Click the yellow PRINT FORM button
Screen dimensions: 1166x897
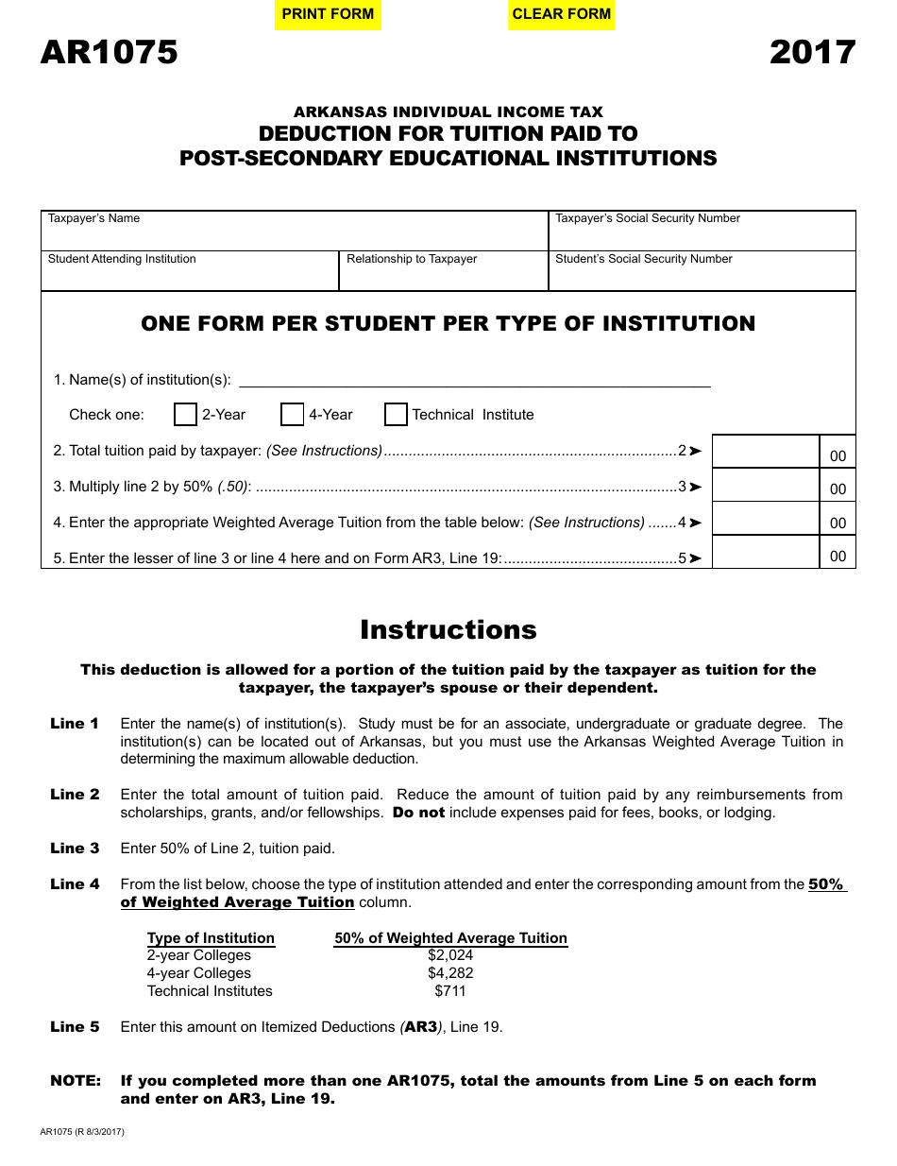(x=328, y=14)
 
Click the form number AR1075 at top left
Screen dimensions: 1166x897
(x=109, y=52)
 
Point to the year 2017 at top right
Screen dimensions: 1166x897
(x=812, y=52)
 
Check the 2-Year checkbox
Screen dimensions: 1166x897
(x=186, y=415)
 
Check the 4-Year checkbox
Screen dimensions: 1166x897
(x=293, y=415)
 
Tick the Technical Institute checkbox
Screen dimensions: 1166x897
(x=397, y=415)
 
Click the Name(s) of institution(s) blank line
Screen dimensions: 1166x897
(x=475, y=379)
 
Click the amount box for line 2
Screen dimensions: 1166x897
(x=765, y=452)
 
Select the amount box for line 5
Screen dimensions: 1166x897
(x=765, y=553)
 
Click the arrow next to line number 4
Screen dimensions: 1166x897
(x=696, y=523)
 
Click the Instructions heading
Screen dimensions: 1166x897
(x=448, y=630)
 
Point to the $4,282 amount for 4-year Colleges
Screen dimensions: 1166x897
(x=450, y=973)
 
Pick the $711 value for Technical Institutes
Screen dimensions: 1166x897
(x=450, y=991)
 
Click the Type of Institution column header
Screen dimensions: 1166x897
(x=211, y=938)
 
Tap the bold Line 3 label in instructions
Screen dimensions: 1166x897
(x=75, y=849)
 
